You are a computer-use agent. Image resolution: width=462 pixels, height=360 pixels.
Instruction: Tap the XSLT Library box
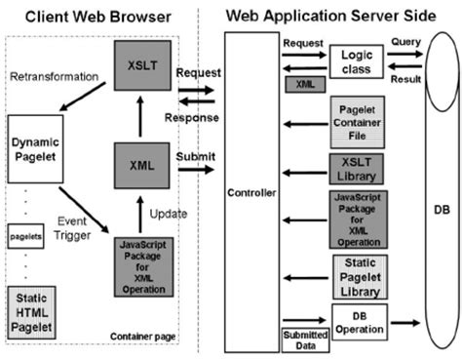tap(356, 169)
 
